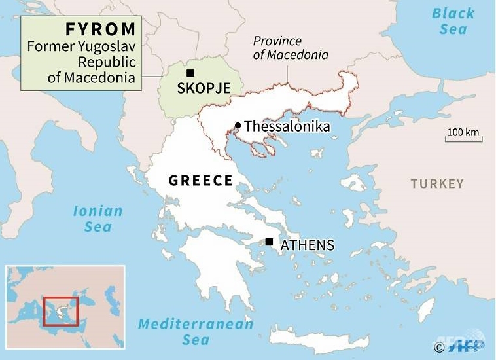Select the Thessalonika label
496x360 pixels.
point(287,126)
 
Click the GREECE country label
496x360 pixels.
point(201,181)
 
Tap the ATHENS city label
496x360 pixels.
point(307,245)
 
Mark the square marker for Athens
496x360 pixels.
point(269,242)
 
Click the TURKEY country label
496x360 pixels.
point(437,184)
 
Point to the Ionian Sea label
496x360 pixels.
point(97,219)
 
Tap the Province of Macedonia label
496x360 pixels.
point(291,48)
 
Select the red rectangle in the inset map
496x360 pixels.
point(61,312)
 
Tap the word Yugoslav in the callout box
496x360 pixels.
point(108,47)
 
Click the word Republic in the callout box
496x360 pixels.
point(107,63)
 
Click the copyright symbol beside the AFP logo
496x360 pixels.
point(438,347)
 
